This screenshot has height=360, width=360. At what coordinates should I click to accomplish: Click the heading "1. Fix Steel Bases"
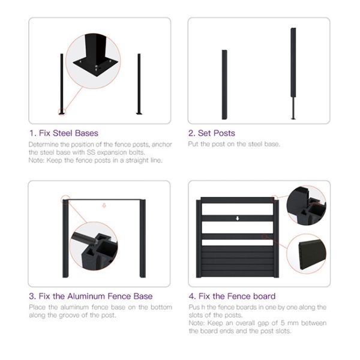(x=64, y=133)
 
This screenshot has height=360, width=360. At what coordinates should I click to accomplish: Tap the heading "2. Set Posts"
(x=212, y=133)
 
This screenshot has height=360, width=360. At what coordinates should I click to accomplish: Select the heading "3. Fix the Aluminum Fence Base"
(x=91, y=296)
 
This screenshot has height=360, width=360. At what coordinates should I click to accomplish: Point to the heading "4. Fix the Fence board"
(x=232, y=296)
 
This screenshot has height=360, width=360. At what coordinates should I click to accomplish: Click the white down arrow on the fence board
(x=238, y=218)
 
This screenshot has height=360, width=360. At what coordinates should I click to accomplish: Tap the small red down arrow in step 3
(x=104, y=205)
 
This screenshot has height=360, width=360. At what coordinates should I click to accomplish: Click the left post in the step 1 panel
(x=62, y=84)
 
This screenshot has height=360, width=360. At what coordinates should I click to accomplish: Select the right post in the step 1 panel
(x=139, y=84)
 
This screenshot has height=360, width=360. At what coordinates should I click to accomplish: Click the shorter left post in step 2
(x=224, y=85)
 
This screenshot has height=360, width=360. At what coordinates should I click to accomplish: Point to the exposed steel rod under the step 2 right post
(x=293, y=108)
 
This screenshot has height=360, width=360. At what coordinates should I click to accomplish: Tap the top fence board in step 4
(x=238, y=200)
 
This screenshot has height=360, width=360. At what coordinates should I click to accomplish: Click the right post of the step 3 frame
(x=143, y=239)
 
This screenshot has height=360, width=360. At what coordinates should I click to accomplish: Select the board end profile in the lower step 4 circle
(x=312, y=256)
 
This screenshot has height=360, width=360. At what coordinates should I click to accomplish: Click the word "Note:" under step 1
(x=37, y=160)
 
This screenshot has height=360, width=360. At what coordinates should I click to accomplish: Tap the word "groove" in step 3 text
(x=69, y=315)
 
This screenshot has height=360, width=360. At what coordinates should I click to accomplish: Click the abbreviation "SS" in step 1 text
(x=91, y=152)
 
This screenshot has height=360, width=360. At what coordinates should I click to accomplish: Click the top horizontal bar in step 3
(x=104, y=200)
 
